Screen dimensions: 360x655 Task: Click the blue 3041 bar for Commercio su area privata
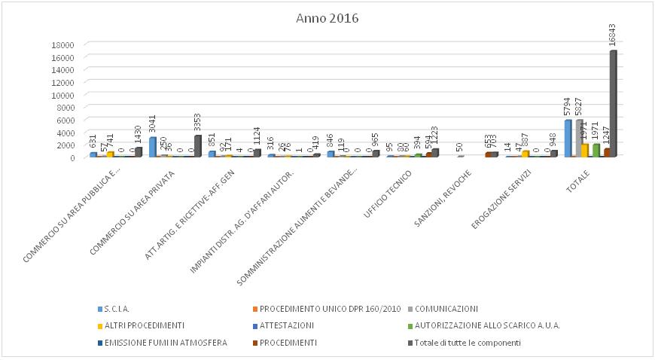tap(152, 147)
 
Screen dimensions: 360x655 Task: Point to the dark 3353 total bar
tap(198, 146)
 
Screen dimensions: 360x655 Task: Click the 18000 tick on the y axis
tap(62, 44)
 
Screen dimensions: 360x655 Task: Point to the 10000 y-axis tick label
tap(62, 94)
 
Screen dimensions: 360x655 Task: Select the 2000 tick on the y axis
tap(65, 145)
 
